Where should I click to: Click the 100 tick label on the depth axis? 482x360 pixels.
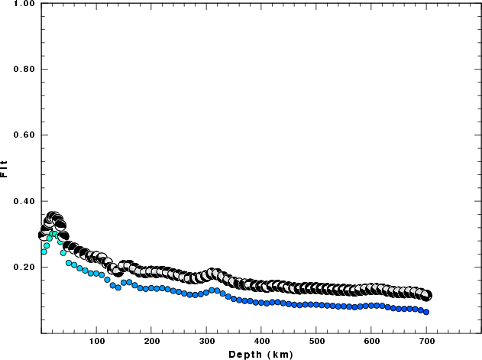point(96,341)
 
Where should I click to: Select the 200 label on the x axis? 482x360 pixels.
point(151,341)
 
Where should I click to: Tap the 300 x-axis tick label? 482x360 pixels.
point(206,341)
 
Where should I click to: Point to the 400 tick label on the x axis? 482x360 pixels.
point(261,341)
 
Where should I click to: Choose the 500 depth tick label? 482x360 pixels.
point(316,341)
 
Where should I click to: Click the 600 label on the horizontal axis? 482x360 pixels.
point(371,341)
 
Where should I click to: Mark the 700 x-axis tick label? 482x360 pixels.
point(426,341)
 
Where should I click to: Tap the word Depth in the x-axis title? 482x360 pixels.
point(244,354)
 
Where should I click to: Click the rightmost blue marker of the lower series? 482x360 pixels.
point(426,312)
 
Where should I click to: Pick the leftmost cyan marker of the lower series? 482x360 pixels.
point(44,251)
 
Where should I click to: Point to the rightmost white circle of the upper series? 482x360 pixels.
point(427,295)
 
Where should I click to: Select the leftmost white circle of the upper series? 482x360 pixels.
point(44,235)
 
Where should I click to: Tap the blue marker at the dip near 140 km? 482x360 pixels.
point(118,287)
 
